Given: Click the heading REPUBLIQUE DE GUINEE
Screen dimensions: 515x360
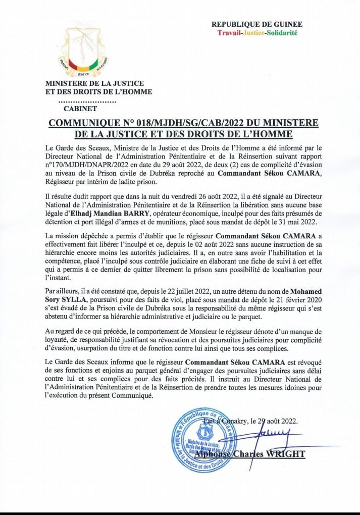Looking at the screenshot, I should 256,24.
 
